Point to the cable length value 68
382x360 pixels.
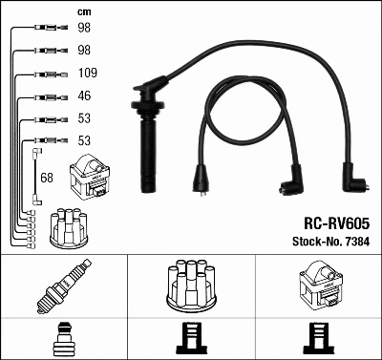coord(47,177)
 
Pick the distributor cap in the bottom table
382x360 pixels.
coord(190,286)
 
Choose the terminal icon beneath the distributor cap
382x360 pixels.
coord(190,340)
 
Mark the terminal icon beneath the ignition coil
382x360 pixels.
coord(317,340)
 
